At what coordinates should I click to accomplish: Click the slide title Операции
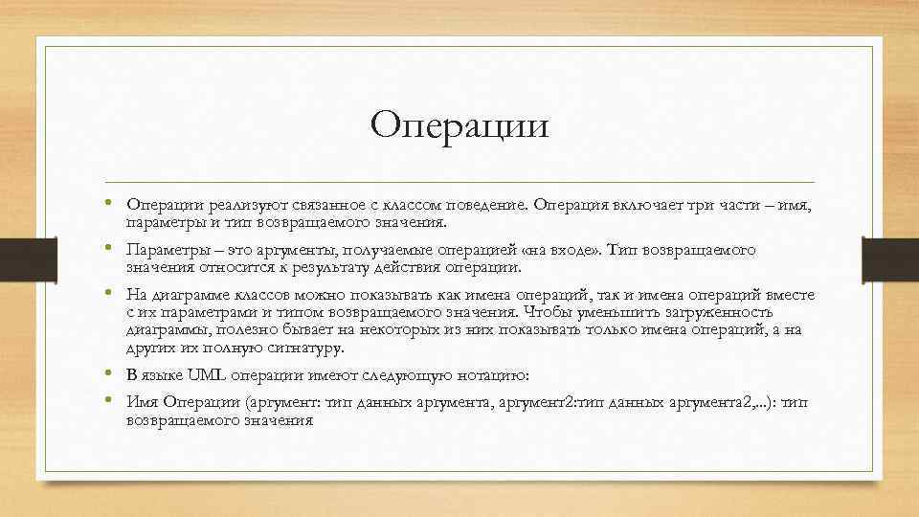(459, 125)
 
